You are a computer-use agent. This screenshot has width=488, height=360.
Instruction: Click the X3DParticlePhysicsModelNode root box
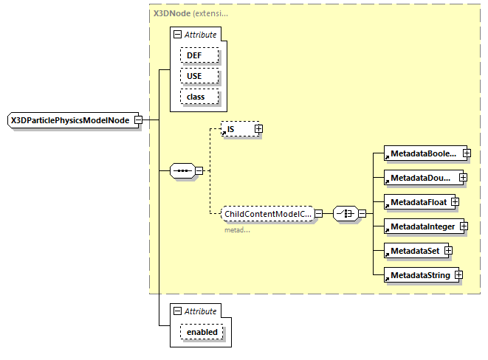70,120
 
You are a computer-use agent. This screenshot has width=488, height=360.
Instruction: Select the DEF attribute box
194,56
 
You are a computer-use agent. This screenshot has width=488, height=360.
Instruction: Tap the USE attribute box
194,76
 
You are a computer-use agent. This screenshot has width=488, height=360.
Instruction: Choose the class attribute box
194,97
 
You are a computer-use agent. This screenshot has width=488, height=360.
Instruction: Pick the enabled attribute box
202,332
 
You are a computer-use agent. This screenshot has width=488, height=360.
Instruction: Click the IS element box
236,129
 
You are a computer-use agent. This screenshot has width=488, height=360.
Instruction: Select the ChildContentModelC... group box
267,213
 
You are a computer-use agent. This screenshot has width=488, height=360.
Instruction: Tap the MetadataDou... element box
421,178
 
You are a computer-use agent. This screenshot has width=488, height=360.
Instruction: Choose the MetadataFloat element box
416,201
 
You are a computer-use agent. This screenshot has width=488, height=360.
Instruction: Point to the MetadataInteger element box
423,226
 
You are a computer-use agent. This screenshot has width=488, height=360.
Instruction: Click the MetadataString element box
418,275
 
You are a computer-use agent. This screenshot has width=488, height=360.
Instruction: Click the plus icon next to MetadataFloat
456,201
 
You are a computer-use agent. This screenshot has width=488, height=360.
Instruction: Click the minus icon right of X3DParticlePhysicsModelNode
138,120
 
